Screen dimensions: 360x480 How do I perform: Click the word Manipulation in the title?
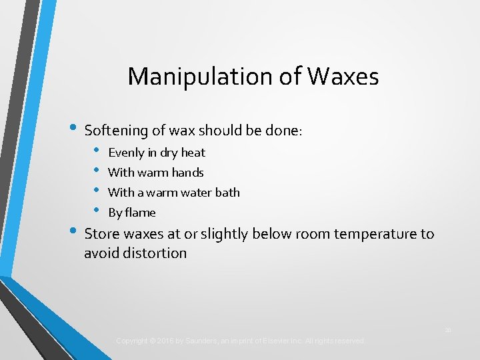pos(202,77)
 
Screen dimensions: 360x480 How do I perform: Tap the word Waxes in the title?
pos(343,77)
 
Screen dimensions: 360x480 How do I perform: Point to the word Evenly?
pos(126,153)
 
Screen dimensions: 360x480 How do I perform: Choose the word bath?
pos(228,193)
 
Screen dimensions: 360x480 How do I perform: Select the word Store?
pos(101,234)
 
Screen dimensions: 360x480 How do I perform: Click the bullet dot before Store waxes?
pos(73,233)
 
